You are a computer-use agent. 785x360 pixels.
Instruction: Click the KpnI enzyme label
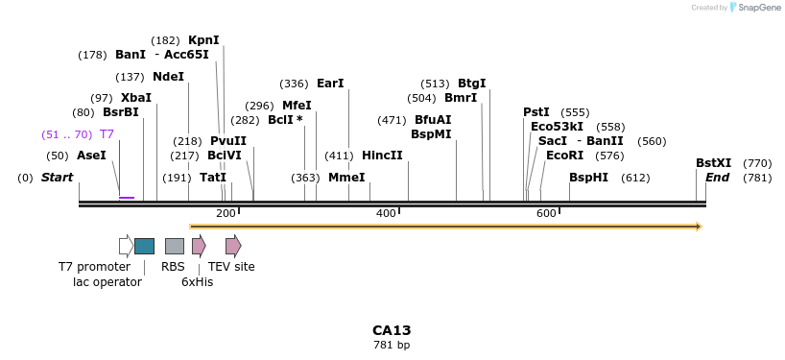click(203, 40)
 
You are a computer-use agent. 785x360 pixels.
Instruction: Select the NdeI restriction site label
click(168, 77)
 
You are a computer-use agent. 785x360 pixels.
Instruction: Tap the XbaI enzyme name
click(135, 98)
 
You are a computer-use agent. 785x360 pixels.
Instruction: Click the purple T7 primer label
click(107, 134)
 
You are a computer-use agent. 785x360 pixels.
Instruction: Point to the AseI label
click(91, 156)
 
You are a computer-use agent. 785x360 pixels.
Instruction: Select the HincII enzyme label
click(382, 156)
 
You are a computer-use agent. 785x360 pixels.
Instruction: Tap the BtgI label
click(471, 84)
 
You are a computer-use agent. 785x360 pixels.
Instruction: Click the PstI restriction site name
click(536, 112)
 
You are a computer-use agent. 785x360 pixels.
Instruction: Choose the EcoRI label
click(564, 156)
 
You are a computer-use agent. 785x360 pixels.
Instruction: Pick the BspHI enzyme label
click(588, 178)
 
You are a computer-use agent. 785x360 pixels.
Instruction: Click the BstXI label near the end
click(713, 163)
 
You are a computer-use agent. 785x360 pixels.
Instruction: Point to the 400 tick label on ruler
click(386, 213)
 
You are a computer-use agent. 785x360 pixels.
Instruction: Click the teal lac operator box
click(144, 246)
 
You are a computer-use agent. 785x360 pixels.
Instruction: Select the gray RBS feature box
click(174, 246)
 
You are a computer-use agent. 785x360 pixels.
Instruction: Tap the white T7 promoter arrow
click(126, 246)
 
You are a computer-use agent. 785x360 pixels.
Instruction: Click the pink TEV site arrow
click(233, 246)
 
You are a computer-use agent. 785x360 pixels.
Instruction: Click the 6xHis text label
click(197, 281)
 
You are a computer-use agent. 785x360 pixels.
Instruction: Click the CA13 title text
click(392, 330)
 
